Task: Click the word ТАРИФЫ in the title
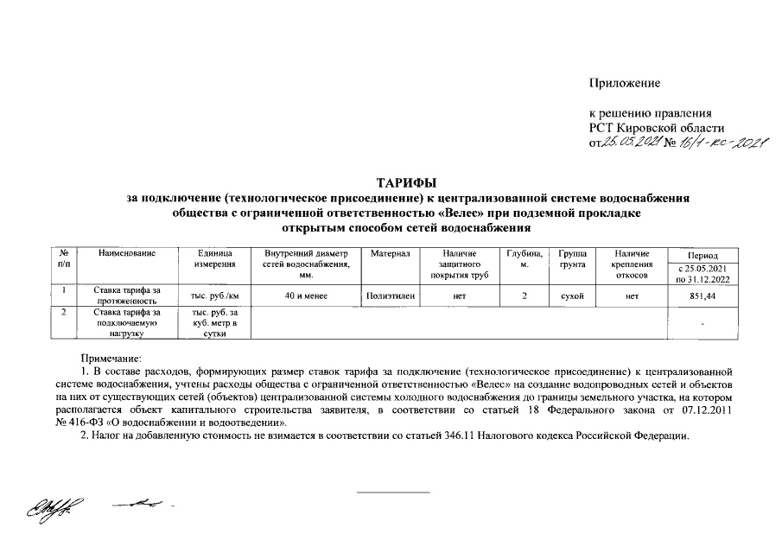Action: (406, 182)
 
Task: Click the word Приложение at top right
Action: (624, 83)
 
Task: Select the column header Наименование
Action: (127, 254)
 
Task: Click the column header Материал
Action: (389, 254)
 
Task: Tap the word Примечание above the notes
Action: (111, 356)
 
